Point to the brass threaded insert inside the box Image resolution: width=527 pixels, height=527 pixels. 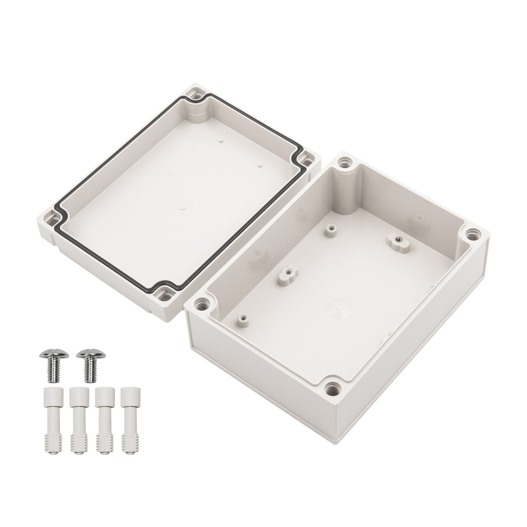coord(396,238)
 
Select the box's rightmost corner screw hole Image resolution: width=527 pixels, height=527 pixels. coord(472,235)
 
